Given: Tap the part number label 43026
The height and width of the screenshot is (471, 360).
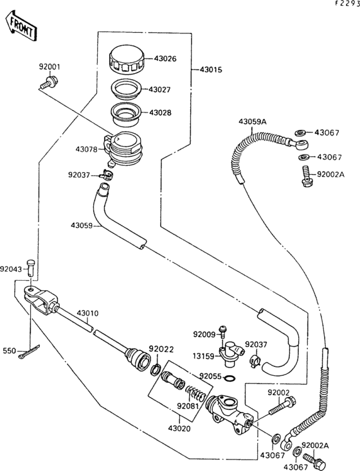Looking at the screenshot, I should click(165, 59).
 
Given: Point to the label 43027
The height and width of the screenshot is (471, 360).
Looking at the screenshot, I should click(162, 90).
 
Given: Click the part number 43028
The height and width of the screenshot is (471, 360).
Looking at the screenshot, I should click(162, 112).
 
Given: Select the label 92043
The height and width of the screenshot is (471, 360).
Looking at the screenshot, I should click(11, 269).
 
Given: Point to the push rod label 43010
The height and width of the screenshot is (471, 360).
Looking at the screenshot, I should click(88, 314).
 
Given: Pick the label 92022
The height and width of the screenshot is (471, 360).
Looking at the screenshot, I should click(161, 349).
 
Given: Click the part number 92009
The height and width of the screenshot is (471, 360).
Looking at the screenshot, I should click(204, 333).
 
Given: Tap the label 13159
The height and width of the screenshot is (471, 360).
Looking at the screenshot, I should click(204, 354).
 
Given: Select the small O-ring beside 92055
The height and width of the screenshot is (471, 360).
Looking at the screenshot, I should click(231, 377).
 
